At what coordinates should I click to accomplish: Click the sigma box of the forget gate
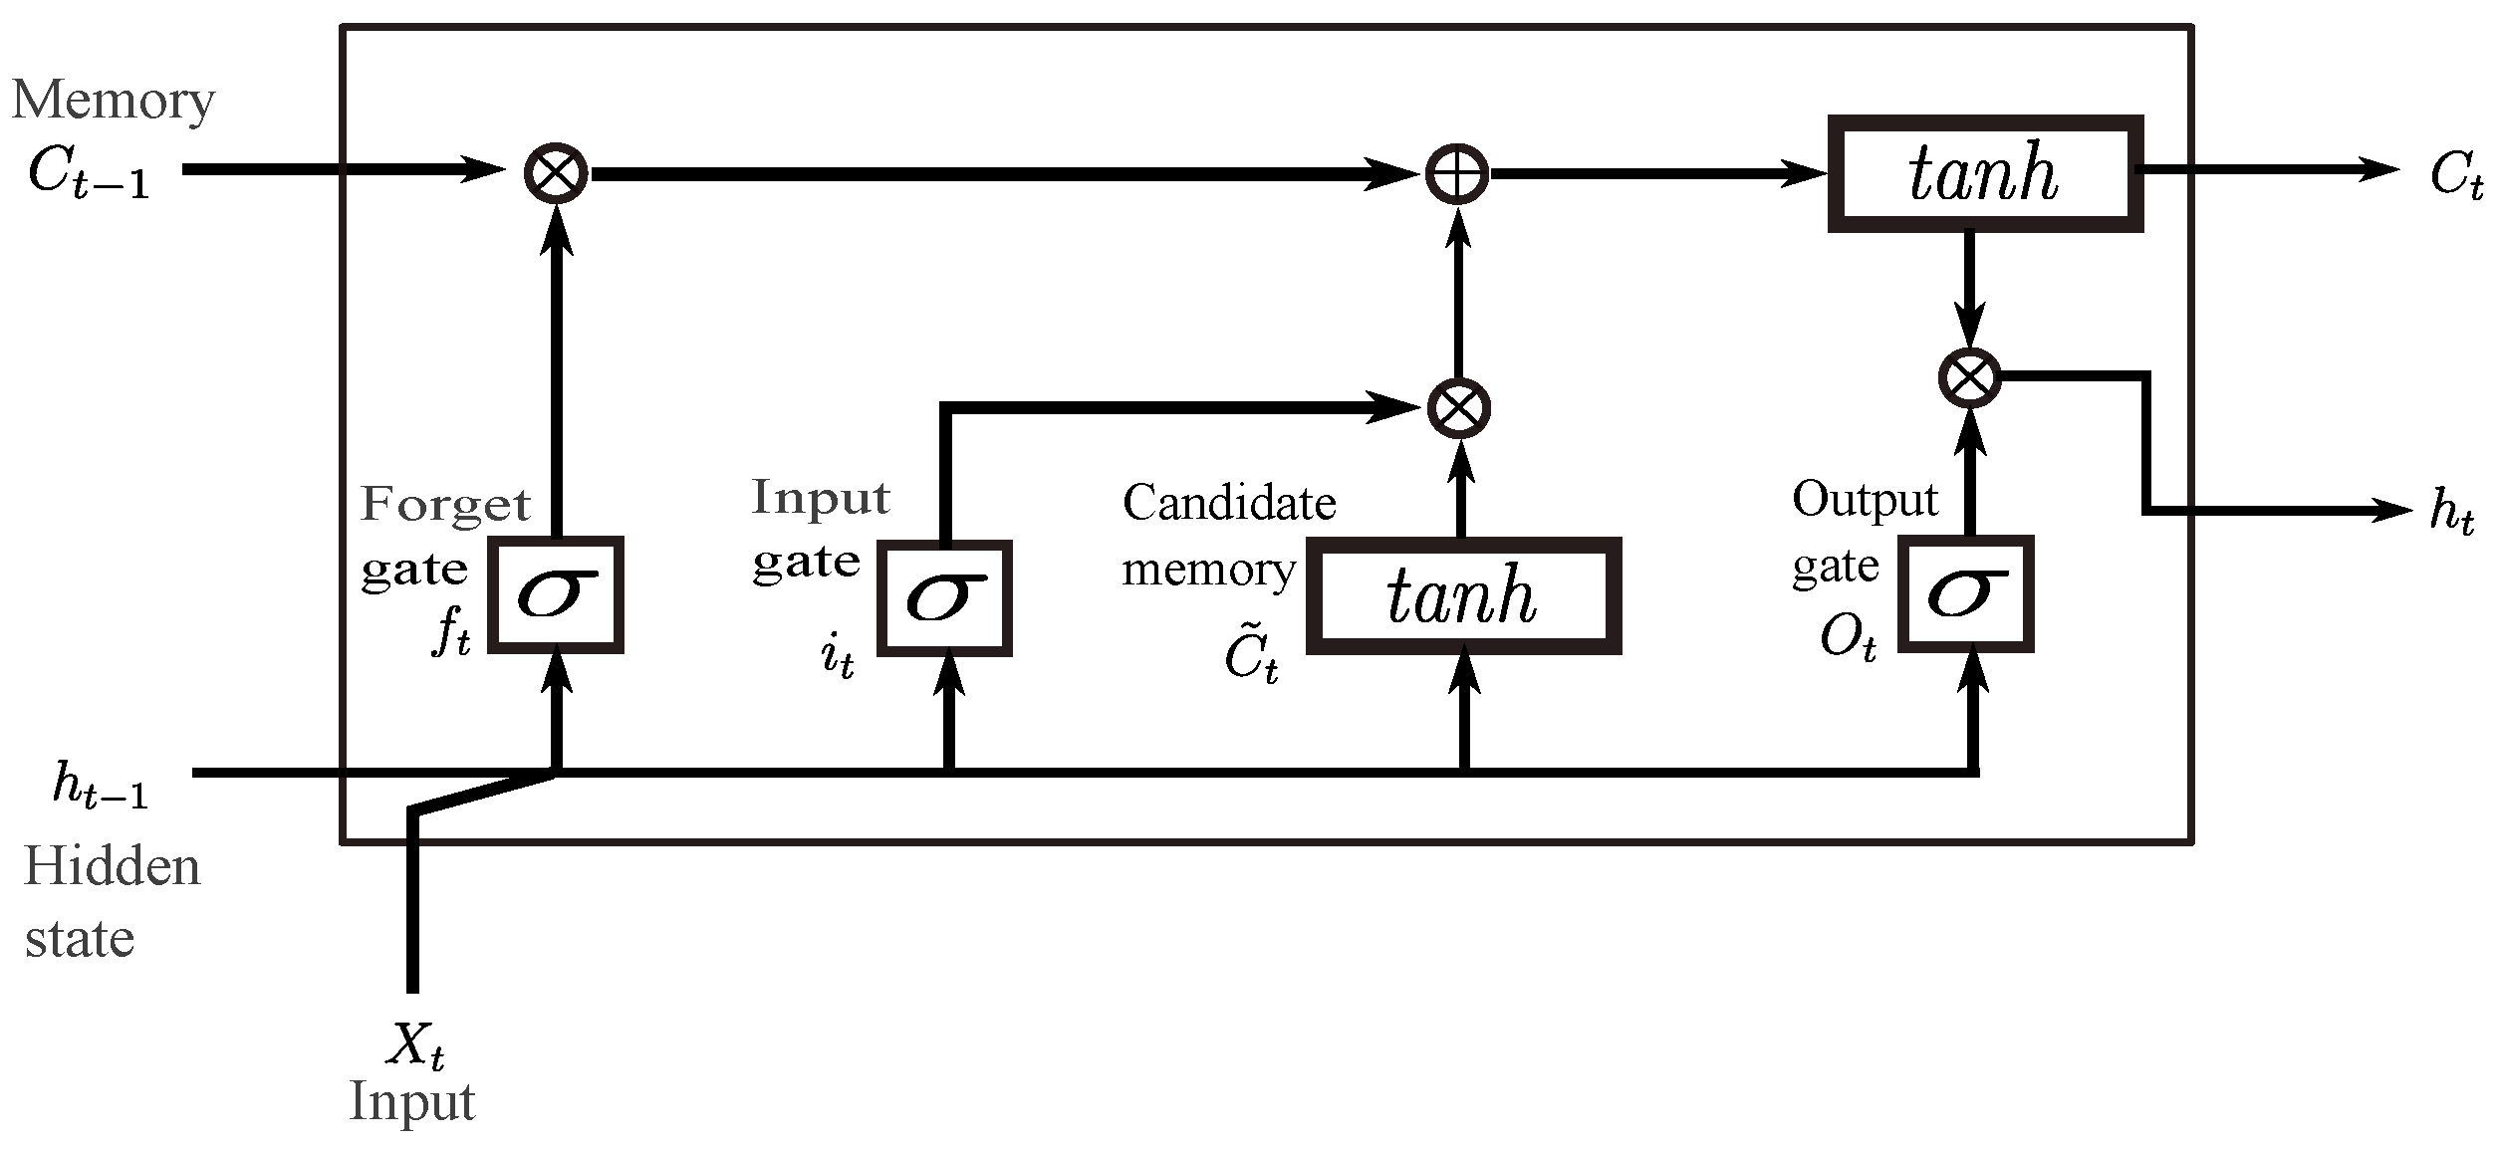click(x=556, y=595)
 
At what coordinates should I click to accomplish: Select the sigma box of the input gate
click(x=944, y=598)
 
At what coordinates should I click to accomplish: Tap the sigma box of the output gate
click(x=1965, y=594)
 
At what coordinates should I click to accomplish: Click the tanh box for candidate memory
click(x=1462, y=596)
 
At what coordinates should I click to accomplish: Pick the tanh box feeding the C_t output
click(x=1984, y=175)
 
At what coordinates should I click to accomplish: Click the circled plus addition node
click(x=1457, y=174)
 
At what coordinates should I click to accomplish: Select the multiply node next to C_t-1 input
click(x=556, y=173)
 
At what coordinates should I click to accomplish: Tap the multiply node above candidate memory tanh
click(x=1459, y=408)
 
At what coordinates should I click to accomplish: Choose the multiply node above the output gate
click(x=1969, y=377)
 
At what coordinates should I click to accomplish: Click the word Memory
click(x=113, y=101)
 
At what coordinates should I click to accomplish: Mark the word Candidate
click(x=1229, y=503)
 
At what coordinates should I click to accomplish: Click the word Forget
click(x=445, y=506)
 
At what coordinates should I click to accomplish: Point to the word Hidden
click(x=112, y=867)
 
